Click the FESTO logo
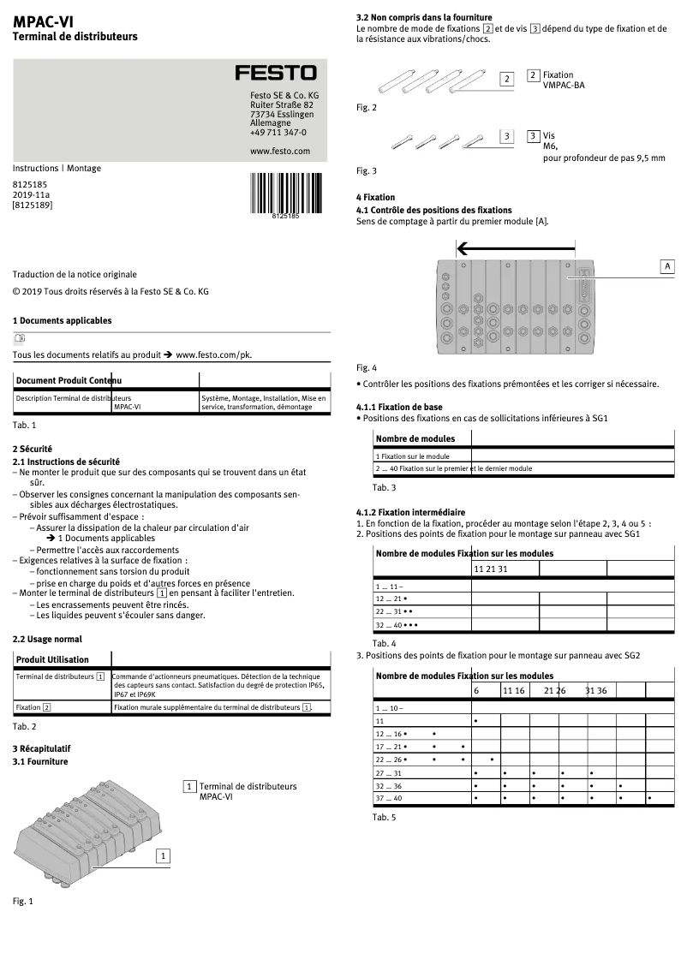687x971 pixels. coord(276,74)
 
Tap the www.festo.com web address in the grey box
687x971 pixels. coord(280,151)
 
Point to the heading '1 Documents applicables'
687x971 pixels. coord(62,320)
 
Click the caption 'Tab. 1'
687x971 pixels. coord(24,425)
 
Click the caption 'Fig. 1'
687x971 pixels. coord(23,901)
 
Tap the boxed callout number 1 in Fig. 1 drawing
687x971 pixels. coord(163,855)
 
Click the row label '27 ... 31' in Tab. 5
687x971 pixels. coord(388,773)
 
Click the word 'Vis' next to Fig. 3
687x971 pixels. coord(549,135)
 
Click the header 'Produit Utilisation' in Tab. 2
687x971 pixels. coord(52,659)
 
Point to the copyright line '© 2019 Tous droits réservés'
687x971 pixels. coord(111,291)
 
